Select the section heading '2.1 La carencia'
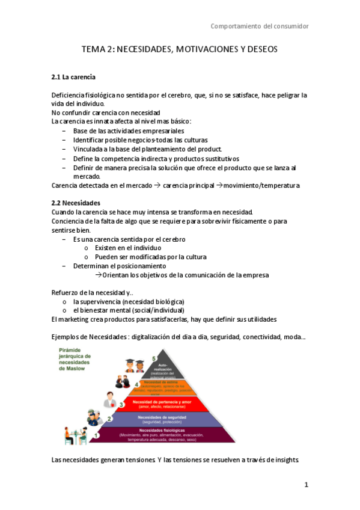74,78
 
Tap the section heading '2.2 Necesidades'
76,203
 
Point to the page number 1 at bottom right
306,485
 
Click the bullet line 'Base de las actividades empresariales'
128,131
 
